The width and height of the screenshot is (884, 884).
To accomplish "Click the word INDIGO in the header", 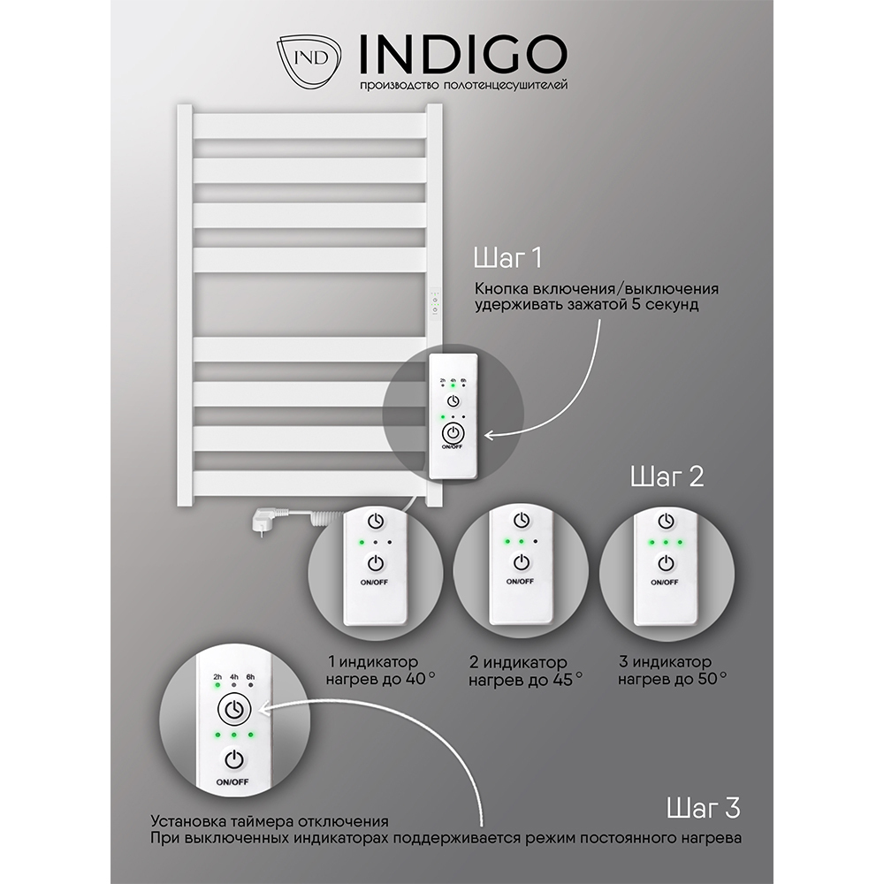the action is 462,55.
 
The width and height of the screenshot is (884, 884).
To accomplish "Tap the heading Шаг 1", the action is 507,258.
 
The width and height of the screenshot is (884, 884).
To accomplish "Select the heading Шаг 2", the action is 667,476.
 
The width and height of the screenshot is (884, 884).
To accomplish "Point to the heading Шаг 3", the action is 703,808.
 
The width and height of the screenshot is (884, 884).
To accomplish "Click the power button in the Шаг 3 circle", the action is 234,758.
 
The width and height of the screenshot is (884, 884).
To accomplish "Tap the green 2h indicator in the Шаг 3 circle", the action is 217,686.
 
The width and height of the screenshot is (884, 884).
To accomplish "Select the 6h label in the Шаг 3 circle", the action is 250,676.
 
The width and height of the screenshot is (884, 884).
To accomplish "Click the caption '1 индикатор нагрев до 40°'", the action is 380,669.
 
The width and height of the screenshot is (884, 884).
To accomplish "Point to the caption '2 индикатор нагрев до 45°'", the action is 525,671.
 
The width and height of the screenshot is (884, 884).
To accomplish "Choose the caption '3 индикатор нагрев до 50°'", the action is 672,669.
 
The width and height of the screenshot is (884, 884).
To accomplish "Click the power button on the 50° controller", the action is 667,562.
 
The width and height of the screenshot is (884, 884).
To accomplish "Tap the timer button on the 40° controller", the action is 376,521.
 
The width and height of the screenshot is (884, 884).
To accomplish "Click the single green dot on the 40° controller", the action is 362,543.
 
